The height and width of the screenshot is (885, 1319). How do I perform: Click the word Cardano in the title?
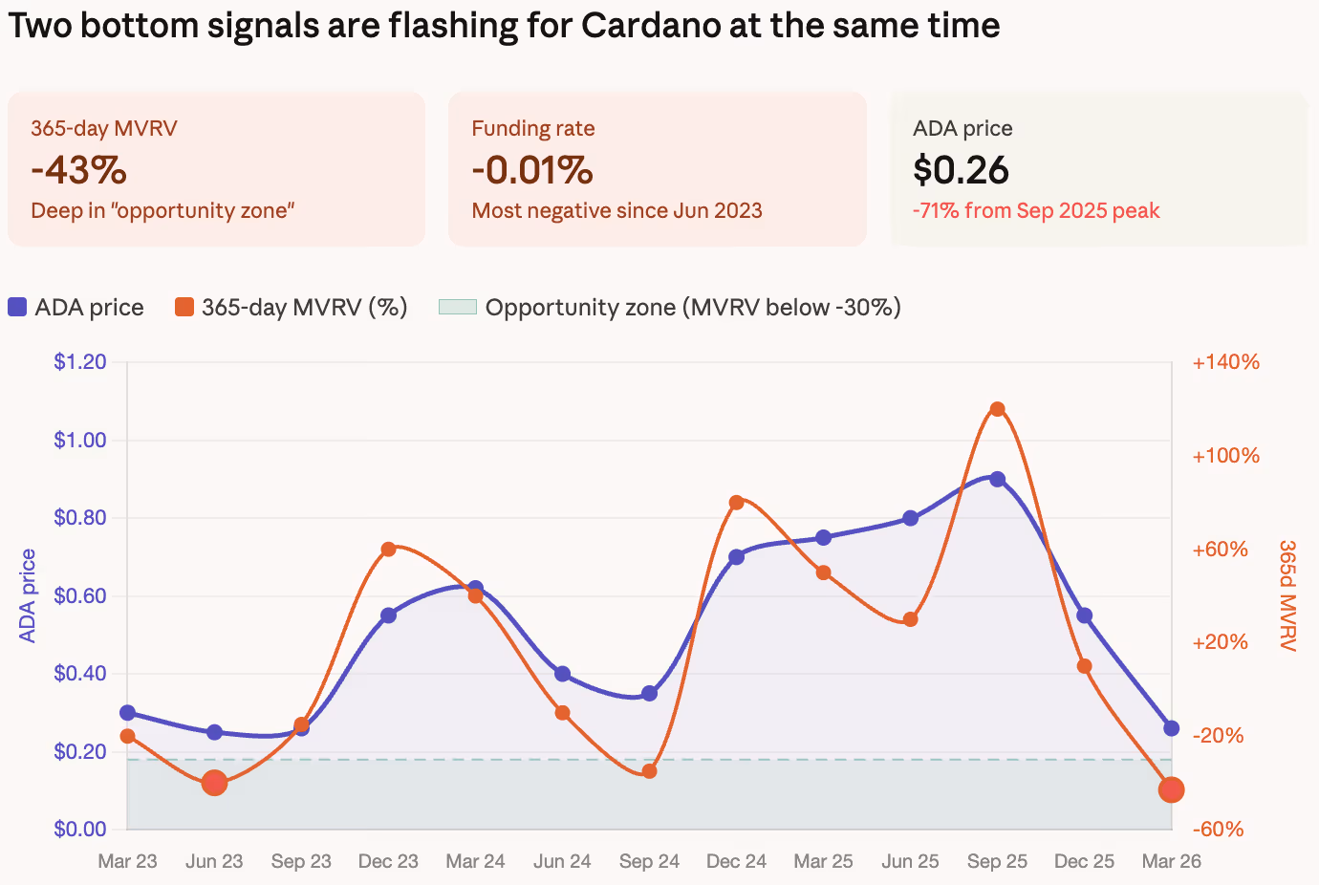pyautogui.click(x=650, y=25)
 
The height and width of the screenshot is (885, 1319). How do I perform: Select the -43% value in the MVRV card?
pyautogui.click(x=78, y=170)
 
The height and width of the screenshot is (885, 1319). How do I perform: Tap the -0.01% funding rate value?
pyautogui.click(x=532, y=170)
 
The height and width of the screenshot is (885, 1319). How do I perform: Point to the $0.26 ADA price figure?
pyautogui.click(x=961, y=170)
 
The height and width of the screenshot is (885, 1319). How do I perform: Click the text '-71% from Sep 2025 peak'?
pyautogui.click(x=1036, y=210)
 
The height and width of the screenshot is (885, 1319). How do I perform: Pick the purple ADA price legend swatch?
pyautogui.click(x=17, y=307)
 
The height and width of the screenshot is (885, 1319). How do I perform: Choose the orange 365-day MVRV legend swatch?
pyautogui.click(x=184, y=307)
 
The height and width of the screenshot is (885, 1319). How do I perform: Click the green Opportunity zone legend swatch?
pyautogui.click(x=457, y=307)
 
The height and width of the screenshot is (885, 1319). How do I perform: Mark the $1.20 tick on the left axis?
pyautogui.click(x=79, y=361)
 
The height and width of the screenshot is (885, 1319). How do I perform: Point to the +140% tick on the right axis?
pyautogui.click(x=1225, y=361)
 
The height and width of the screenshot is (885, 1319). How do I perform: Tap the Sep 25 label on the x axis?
pyautogui.click(x=997, y=861)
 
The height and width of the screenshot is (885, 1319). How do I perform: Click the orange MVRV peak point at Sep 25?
pyautogui.click(x=997, y=409)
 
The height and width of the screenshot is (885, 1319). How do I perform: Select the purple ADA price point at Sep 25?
pyautogui.click(x=997, y=479)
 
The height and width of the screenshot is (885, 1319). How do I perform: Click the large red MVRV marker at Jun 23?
pyautogui.click(x=214, y=783)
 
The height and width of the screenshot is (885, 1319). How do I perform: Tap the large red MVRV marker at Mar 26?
pyautogui.click(x=1171, y=789)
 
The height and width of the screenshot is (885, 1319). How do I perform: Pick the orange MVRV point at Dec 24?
pyautogui.click(x=736, y=503)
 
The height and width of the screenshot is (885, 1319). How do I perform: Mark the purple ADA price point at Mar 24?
pyautogui.click(x=475, y=588)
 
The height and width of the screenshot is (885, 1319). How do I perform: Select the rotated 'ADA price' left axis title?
pyautogui.click(x=28, y=595)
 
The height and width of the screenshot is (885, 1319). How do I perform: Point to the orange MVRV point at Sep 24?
pyautogui.click(x=649, y=771)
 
